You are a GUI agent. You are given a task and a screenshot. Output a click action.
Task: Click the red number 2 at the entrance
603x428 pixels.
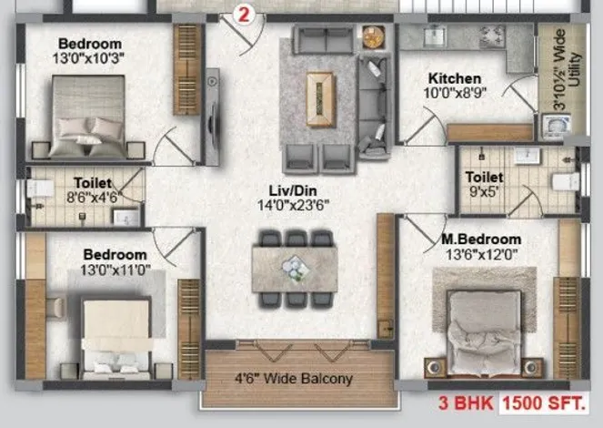point(244,15)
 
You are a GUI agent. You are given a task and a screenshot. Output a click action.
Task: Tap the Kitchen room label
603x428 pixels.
point(455,78)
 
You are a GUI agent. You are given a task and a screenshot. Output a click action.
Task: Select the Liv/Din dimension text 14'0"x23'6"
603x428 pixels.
point(293,205)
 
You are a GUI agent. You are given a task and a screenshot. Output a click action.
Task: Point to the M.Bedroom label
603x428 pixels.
point(481,239)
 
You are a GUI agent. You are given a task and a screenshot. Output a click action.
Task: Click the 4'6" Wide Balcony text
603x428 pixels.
point(294,379)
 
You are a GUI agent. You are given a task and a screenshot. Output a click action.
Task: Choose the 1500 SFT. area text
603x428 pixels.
point(544,403)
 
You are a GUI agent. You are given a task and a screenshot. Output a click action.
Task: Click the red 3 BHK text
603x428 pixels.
point(466,403)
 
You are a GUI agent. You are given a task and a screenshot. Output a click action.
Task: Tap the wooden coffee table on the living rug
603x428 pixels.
point(320,99)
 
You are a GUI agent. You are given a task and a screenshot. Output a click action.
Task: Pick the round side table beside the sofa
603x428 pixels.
point(374,37)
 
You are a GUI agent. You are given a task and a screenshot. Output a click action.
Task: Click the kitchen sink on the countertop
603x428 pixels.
point(435,36)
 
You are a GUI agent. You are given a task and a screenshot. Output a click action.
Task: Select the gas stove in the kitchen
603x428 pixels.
point(492,36)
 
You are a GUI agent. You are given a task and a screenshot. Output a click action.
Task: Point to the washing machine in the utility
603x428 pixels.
point(556,126)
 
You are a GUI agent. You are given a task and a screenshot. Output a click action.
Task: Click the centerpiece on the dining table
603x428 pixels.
point(295,269)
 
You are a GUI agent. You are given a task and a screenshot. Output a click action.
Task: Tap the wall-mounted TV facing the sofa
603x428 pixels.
point(212,117)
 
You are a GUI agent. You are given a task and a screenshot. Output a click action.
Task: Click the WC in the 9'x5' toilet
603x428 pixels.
point(566,181)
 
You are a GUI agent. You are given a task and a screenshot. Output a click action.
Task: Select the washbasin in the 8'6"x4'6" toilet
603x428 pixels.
point(126,218)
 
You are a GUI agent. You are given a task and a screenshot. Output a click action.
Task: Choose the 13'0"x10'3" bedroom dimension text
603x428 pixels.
point(88,58)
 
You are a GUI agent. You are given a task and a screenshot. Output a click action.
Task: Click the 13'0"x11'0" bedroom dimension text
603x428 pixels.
point(116,270)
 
